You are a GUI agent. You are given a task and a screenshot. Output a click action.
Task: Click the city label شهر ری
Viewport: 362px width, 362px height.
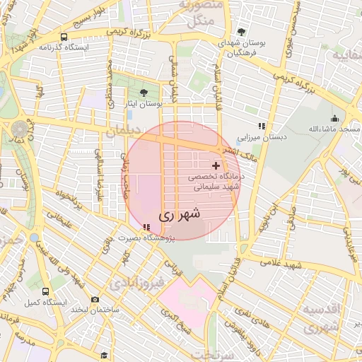click(x=180, y=213)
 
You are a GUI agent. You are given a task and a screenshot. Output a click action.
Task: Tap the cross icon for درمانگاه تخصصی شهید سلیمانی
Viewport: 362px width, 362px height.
click(x=216, y=165)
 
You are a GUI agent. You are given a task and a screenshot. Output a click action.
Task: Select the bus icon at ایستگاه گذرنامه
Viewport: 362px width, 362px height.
click(x=64, y=37)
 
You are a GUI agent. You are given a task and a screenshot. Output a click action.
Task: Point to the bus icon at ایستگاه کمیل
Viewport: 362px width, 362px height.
click(x=46, y=291)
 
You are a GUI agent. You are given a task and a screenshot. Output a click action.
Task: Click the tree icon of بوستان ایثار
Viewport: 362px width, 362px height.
click(x=144, y=93)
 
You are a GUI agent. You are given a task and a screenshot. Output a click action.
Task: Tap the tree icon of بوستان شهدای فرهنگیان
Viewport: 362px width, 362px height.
click(x=242, y=32)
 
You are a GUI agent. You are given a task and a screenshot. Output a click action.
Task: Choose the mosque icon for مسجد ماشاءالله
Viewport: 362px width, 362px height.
click(x=334, y=118)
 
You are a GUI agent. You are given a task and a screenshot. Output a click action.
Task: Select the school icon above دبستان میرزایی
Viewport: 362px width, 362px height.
click(x=262, y=127)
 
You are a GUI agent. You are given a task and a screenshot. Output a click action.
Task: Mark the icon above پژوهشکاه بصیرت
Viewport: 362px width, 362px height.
click(x=146, y=227)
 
